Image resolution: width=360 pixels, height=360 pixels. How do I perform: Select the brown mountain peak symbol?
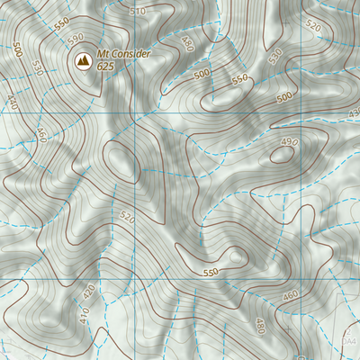[83, 60]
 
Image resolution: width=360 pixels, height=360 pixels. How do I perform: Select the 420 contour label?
[88, 292]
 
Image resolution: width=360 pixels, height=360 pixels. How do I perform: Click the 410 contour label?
[84, 317]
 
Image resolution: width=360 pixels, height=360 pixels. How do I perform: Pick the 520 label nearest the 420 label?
[127, 218]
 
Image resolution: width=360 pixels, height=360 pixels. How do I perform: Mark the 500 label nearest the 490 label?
[285, 95]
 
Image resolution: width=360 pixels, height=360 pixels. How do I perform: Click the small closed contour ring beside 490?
[281, 153]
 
